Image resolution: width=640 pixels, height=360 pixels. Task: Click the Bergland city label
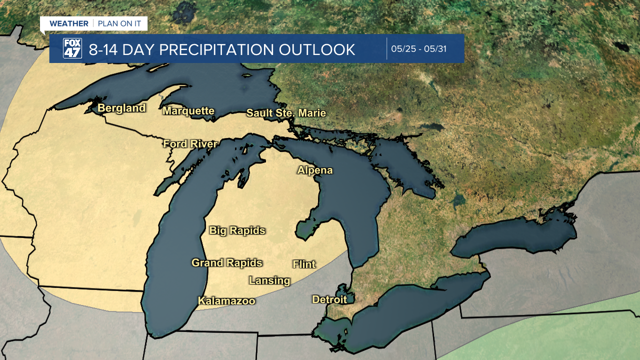click(121, 108)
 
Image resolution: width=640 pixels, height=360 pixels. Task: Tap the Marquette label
click(188, 111)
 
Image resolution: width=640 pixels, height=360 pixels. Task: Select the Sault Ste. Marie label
click(286, 113)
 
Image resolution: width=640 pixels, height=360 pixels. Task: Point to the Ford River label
click(190, 144)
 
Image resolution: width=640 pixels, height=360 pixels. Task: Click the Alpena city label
click(315, 170)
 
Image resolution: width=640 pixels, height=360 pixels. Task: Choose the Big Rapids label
click(237, 230)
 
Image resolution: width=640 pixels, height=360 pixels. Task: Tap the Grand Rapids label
click(227, 262)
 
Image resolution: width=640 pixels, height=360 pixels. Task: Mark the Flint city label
click(304, 264)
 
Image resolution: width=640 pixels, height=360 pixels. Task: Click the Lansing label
click(269, 280)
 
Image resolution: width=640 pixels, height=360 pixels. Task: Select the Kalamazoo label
click(226, 301)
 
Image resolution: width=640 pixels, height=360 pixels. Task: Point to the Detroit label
click(329, 299)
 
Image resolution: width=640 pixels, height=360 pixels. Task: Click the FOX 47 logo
click(72, 48)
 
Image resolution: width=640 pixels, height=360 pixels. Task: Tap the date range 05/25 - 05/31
click(418, 49)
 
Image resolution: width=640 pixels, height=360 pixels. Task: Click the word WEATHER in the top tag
click(68, 23)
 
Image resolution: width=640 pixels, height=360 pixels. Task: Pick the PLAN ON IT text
click(119, 23)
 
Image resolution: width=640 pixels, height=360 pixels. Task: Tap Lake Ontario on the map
click(520, 235)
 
